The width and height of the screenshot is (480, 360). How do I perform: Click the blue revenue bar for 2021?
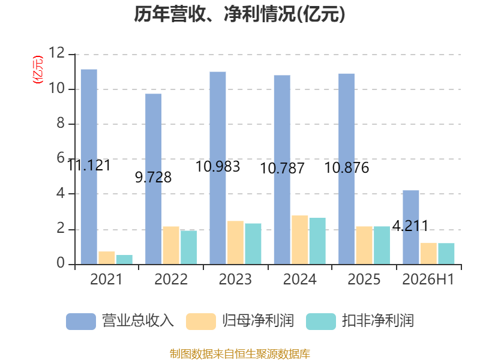(89, 167)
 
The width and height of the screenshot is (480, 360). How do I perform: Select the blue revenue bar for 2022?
(154, 179)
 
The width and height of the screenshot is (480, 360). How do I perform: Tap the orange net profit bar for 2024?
(299, 239)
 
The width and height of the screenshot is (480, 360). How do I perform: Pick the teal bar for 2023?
(253, 244)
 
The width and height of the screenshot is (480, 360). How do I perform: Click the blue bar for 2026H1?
(411, 227)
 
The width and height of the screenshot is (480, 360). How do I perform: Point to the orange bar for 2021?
(107, 258)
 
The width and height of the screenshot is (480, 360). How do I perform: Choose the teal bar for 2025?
(382, 245)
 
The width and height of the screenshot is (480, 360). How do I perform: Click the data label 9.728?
(154, 178)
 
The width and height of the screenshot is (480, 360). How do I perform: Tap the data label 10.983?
(218, 167)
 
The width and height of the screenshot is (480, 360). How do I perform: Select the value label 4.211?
(410, 226)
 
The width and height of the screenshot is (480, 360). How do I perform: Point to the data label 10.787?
(282, 169)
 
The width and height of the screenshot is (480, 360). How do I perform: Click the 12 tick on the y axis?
(57, 53)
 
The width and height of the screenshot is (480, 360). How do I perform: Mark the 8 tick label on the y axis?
(61, 123)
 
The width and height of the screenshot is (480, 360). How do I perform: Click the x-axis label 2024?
(299, 279)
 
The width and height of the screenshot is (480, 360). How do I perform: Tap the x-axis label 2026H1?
(428, 279)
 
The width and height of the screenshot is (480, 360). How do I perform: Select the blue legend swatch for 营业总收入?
(81, 322)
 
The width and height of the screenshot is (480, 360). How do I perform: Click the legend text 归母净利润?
(258, 321)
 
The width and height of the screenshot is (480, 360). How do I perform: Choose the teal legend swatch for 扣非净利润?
(321, 322)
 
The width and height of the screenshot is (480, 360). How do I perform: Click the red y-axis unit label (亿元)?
(38, 70)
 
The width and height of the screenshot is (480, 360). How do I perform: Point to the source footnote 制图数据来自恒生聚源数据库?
(240, 354)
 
